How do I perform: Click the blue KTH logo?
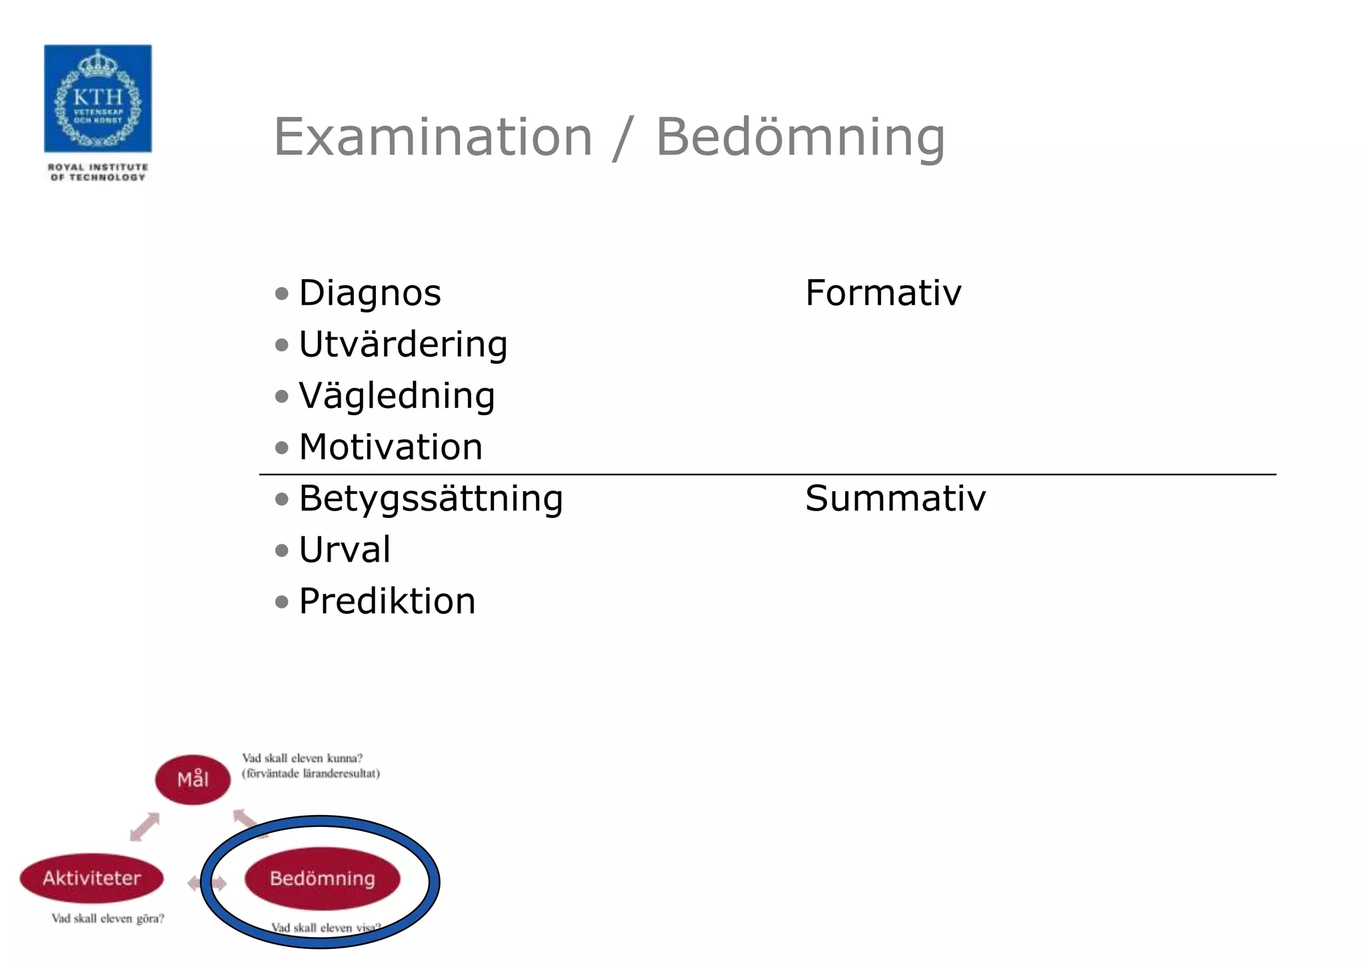tap(98, 99)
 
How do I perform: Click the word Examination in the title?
tap(433, 137)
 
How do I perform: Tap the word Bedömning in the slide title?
tap(800, 137)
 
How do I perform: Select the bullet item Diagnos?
tap(369, 293)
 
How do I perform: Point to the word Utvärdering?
tap(403, 345)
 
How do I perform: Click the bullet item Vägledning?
tap(397, 396)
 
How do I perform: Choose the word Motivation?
tap(391, 447)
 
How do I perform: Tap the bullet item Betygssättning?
tap(431, 498)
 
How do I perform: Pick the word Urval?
tap(345, 550)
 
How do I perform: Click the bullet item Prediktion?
tap(387, 601)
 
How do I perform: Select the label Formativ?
tap(883, 293)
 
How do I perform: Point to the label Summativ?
tap(895, 498)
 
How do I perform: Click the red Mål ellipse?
tap(193, 779)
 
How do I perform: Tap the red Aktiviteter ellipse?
tap(92, 878)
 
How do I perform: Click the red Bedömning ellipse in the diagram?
tap(323, 878)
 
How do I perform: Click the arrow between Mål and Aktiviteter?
tap(145, 826)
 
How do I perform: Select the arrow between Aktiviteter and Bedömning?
tap(207, 884)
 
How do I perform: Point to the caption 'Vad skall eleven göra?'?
tap(108, 918)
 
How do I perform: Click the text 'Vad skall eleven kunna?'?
tap(302, 758)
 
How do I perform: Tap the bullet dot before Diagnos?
tap(282, 293)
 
